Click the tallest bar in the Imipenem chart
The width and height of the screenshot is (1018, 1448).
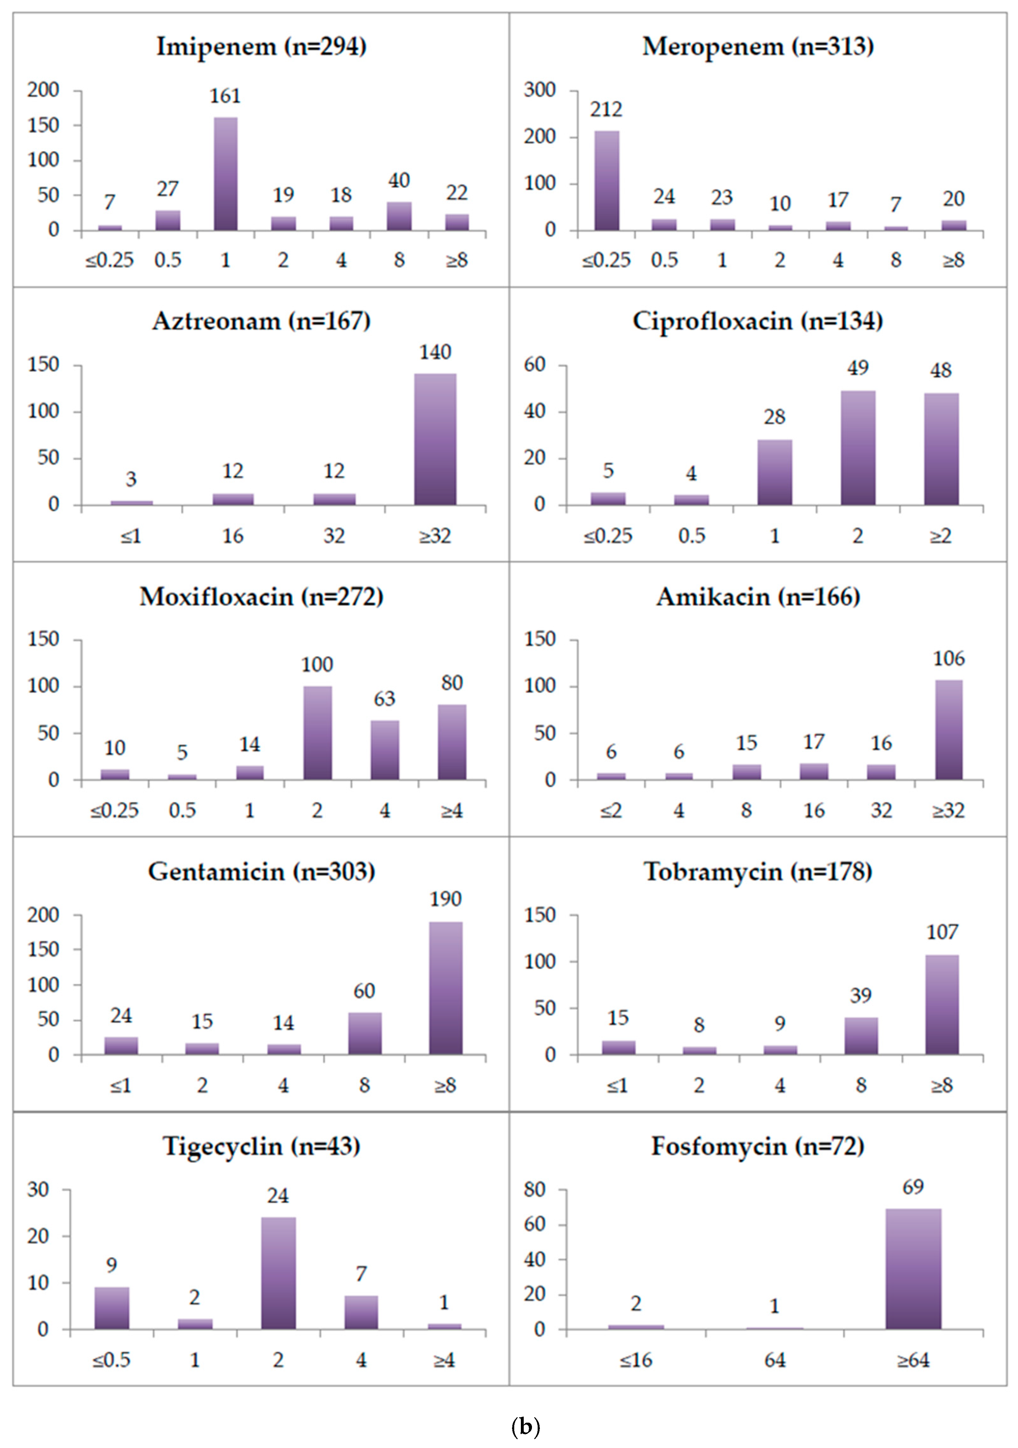[226, 174]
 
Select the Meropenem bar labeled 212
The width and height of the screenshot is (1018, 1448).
[606, 181]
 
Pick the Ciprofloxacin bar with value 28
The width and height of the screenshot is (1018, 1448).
[775, 472]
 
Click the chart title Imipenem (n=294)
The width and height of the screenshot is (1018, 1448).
[261, 47]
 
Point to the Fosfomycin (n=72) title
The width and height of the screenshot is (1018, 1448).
[758, 1146]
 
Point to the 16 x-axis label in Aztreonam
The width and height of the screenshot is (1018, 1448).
[233, 536]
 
